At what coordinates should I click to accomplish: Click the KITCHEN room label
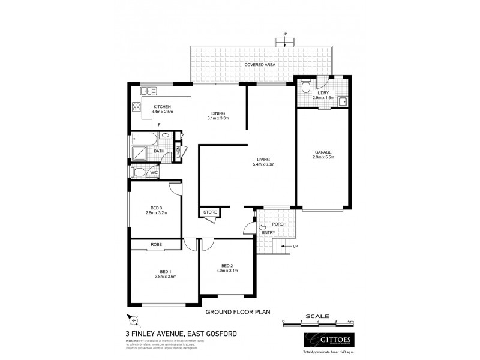(x=146, y=107)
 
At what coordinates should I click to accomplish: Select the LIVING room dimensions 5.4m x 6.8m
(x=265, y=165)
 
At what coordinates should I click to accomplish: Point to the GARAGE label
(x=323, y=152)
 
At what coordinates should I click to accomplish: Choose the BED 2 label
(x=226, y=266)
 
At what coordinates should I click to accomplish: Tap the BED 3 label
(x=156, y=208)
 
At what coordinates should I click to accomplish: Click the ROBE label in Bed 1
(x=157, y=245)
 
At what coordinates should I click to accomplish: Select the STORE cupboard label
(x=210, y=212)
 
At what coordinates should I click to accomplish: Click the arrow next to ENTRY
(x=261, y=227)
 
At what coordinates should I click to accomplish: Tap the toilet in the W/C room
(x=139, y=173)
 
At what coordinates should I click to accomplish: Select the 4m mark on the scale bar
(x=351, y=322)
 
